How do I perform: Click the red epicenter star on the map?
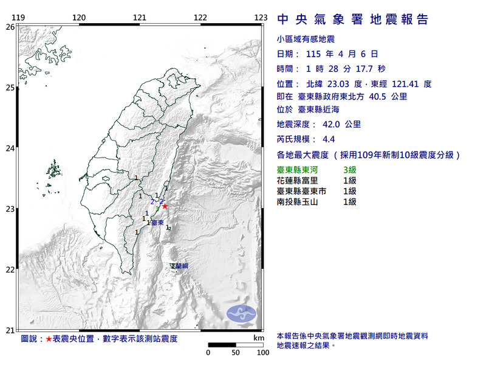[x=165, y=206]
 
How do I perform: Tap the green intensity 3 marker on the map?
[x=157, y=209]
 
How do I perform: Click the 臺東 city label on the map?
[x=156, y=224]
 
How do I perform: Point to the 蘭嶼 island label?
[x=180, y=266]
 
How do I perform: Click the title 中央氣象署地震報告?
[x=352, y=19]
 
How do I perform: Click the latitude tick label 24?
[x=10, y=148]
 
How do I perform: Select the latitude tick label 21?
[x=10, y=330]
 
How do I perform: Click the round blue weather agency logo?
[x=242, y=313]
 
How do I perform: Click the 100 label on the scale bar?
[x=262, y=352]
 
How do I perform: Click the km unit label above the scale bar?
[x=259, y=338]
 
